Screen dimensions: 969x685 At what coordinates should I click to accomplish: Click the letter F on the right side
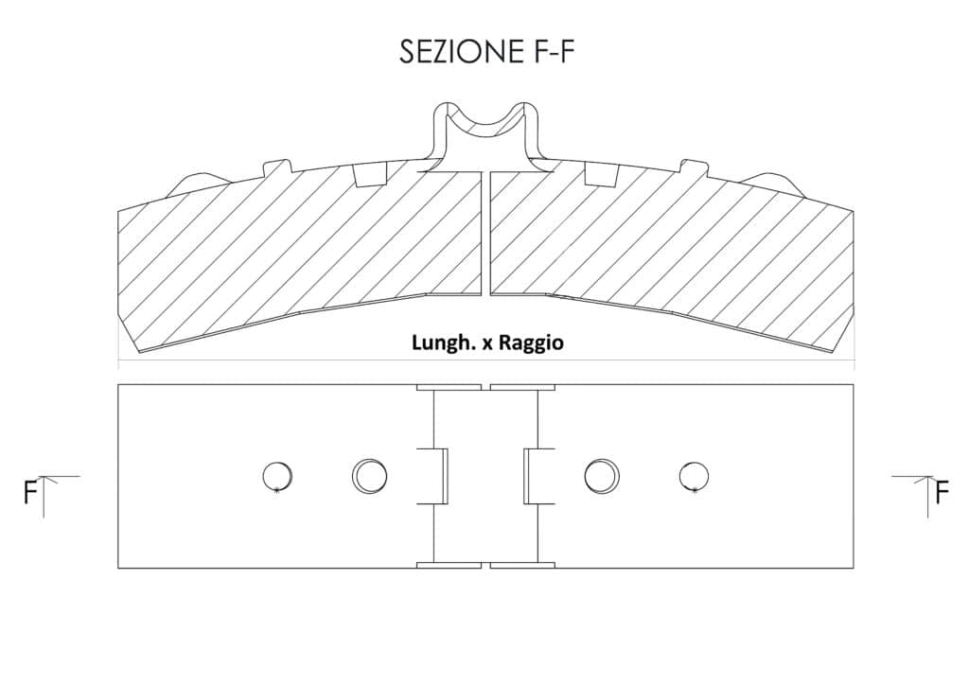(x=942, y=492)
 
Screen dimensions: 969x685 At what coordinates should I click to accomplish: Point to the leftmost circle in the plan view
(x=277, y=477)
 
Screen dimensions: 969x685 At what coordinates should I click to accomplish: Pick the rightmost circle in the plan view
(x=694, y=477)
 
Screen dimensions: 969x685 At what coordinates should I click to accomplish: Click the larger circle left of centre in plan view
(x=370, y=476)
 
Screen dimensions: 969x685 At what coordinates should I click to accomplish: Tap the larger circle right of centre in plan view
(x=603, y=476)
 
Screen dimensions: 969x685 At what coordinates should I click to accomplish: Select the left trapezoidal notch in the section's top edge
(x=371, y=175)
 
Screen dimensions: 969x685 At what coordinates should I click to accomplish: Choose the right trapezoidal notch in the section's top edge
(x=602, y=175)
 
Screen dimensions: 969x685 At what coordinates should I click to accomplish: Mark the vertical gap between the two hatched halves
(x=485, y=234)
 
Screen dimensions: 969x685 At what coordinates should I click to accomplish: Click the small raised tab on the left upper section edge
(x=277, y=167)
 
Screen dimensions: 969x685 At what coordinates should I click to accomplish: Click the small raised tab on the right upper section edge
(x=694, y=167)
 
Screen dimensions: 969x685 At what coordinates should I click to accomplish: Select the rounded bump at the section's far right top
(x=772, y=183)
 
